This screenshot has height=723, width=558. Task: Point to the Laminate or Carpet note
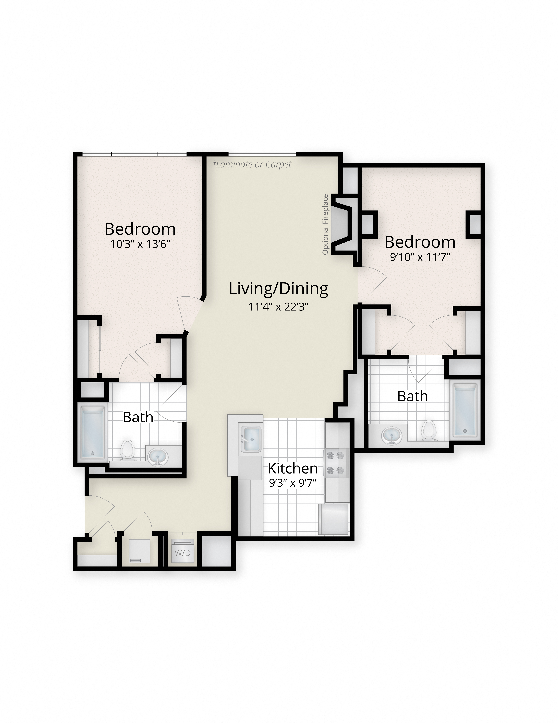click(x=252, y=164)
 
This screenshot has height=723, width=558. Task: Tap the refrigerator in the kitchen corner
click(x=333, y=519)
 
